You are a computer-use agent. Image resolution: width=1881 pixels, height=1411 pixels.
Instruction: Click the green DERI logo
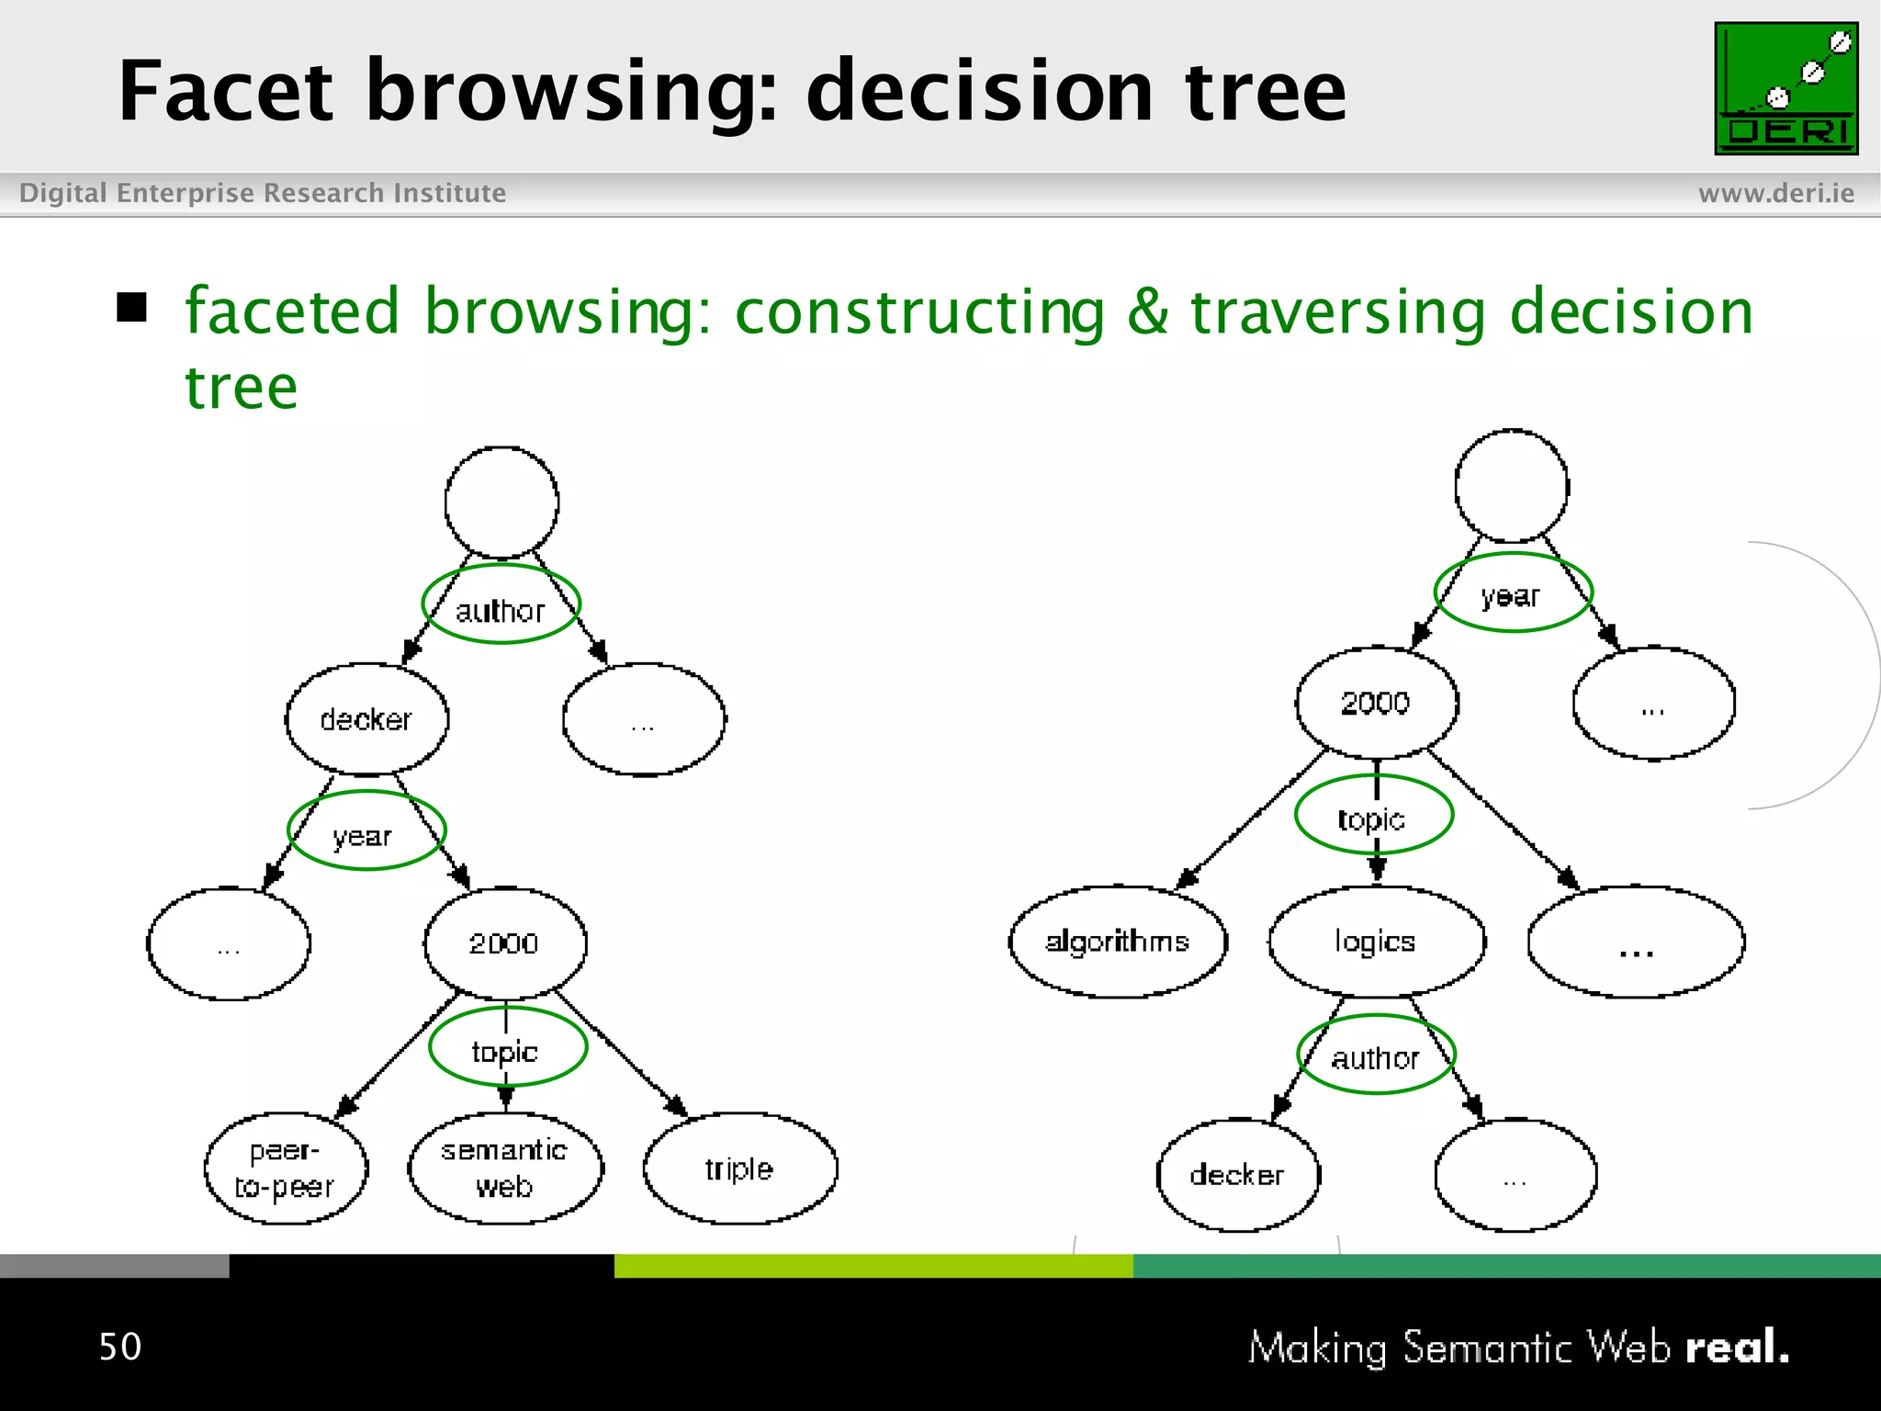coord(1785,89)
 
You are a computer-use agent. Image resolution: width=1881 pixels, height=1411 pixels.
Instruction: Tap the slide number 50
coord(120,1347)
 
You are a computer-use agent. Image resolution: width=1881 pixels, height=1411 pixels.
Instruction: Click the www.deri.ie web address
coord(1775,193)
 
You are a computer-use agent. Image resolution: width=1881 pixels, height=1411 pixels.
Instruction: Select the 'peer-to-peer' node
coord(286,1168)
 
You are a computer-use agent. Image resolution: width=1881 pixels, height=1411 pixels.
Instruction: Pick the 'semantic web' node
coord(505,1168)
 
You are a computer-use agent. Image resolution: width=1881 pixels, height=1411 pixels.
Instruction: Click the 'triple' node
coord(740,1168)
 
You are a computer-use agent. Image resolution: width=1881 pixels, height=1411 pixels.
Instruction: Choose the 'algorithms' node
coord(1118,942)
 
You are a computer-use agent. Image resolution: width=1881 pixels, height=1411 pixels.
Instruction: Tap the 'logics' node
coord(1376,942)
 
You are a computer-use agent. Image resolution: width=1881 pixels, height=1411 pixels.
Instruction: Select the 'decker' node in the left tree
coord(366,719)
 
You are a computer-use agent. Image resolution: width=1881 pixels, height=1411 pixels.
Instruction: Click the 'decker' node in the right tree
coord(1238,1175)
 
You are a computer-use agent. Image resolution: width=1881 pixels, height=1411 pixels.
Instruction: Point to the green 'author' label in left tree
coord(501,605)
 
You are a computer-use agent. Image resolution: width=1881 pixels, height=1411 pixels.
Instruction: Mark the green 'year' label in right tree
coord(1512,593)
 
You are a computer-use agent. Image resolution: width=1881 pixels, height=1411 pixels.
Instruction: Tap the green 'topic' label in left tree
coord(507,1047)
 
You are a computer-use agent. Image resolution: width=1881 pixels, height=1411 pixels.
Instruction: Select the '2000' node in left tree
coord(504,943)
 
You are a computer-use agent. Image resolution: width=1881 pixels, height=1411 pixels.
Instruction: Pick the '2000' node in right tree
coord(1376,703)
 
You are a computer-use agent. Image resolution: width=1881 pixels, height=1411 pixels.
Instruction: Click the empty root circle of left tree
coord(501,502)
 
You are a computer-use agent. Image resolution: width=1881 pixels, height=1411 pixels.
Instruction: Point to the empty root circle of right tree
coord(1511,486)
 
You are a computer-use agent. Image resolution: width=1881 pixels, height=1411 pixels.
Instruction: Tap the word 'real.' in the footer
coord(1737,1348)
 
